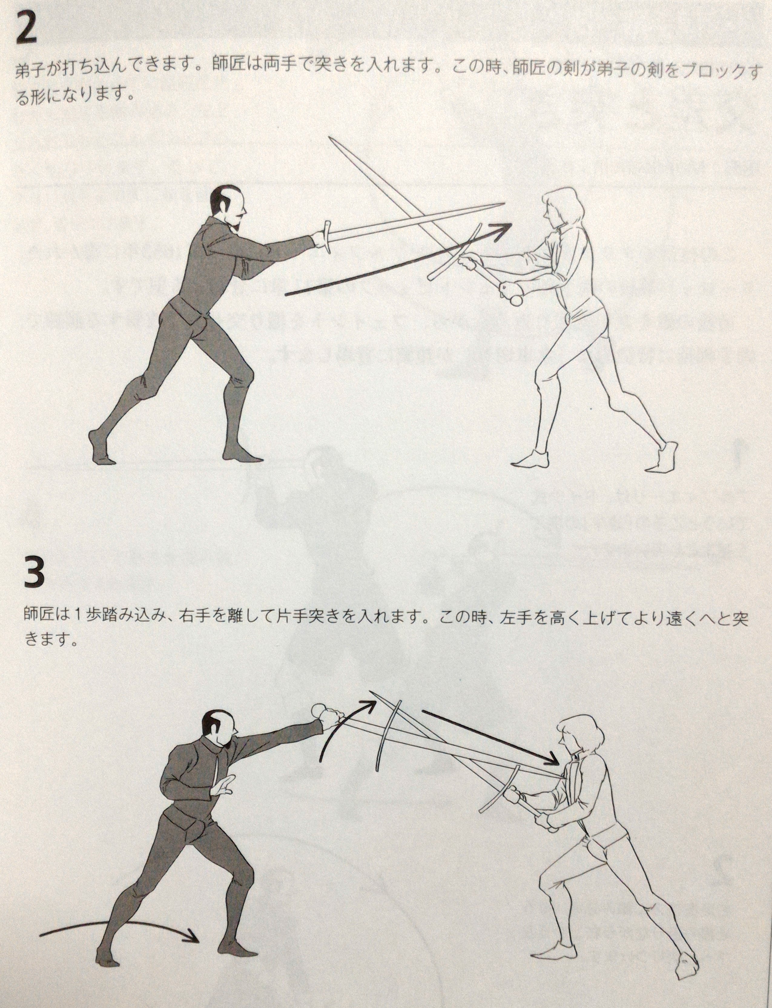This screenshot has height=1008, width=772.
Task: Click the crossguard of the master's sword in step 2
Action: pos(327,236)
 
